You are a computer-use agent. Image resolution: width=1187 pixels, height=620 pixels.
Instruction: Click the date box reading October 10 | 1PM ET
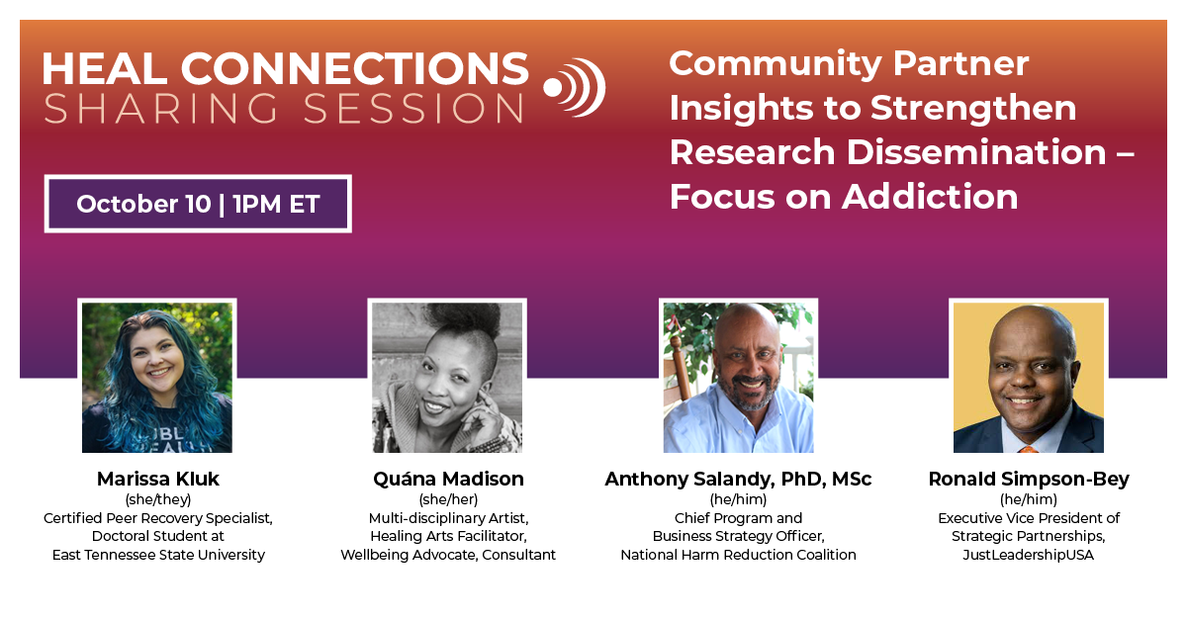[x=198, y=204]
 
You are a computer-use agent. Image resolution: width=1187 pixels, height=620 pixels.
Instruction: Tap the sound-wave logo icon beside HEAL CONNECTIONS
[x=575, y=87]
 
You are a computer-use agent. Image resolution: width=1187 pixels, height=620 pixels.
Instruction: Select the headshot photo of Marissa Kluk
[x=157, y=377]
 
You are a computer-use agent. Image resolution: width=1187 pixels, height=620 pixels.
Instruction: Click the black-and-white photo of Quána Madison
[x=447, y=377]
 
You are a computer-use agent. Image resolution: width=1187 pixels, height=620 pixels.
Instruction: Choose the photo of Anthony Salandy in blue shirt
[x=738, y=377]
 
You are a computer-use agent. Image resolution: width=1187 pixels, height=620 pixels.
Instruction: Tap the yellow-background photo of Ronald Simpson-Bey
[x=1029, y=377]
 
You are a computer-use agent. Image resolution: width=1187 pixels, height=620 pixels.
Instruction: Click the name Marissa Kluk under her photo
[x=158, y=479]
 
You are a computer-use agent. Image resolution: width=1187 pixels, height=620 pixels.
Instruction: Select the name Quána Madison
[x=448, y=479]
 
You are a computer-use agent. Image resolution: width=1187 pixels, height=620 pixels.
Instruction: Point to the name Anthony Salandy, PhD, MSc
[x=738, y=479]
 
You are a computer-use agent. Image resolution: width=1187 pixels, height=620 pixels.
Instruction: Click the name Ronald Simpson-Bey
[x=1029, y=479]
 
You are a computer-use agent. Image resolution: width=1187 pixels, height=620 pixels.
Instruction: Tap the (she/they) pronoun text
[x=158, y=499]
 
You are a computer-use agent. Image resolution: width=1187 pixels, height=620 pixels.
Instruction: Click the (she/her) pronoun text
[x=448, y=499]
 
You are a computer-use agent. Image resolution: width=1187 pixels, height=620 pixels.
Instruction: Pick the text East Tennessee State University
[x=158, y=555]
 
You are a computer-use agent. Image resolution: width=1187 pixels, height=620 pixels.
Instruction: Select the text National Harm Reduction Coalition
[x=738, y=555]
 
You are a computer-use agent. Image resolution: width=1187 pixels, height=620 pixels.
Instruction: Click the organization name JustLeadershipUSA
[x=1029, y=555]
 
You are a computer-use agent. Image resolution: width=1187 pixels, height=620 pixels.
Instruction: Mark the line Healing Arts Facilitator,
[x=448, y=536]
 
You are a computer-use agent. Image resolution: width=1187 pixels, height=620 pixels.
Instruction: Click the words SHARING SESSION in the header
[x=284, y=109]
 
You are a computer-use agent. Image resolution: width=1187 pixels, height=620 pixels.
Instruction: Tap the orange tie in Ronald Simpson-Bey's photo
[x=1028, y=448]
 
